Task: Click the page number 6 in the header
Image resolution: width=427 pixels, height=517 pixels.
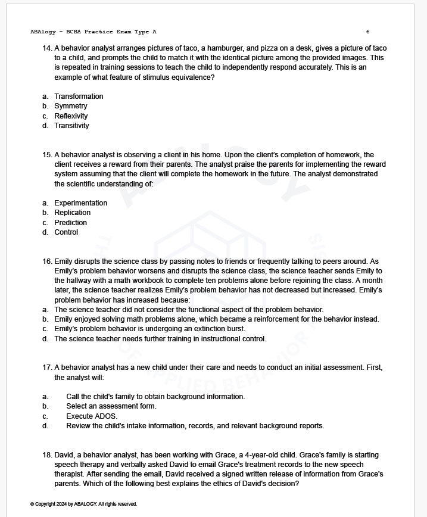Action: [x=367, y=32]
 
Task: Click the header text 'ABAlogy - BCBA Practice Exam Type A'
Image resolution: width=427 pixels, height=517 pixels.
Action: [x=93, y=32]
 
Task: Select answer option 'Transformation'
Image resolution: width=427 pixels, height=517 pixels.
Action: [x=79, y=96]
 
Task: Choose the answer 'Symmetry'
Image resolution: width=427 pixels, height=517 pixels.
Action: [x=71, y=106]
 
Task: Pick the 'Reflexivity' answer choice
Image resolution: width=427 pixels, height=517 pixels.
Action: [x=71, y=116]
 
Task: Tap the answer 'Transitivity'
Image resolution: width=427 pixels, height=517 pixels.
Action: [x=71, y=126]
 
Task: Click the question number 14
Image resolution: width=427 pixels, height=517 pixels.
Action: [x=48, y=48]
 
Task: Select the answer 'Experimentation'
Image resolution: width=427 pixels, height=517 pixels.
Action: [x=80, y=203]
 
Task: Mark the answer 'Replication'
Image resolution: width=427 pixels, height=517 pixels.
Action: [x=73, y=213]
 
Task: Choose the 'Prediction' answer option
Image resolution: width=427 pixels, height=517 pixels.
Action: [x=70, y=223]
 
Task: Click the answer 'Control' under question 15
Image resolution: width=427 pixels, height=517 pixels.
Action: [x=66, y=232]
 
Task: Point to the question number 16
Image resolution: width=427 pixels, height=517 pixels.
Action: [x=48, y=261]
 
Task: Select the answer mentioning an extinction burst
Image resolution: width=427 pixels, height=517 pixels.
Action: [x=149, y=329]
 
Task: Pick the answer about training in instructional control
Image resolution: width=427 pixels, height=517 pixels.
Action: [x=160, y=339]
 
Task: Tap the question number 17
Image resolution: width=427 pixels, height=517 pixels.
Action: [x=48, y=367]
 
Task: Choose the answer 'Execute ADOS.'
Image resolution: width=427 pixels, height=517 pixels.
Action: [x=92, y=416]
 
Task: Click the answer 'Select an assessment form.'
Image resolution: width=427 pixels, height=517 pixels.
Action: [x=111, y=406]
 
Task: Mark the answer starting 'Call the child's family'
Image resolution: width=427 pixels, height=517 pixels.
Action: [x=155, y=397]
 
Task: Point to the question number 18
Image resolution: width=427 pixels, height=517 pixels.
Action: [x=48, y=455]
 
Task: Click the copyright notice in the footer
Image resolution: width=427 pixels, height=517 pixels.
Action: [x=83, y=504]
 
